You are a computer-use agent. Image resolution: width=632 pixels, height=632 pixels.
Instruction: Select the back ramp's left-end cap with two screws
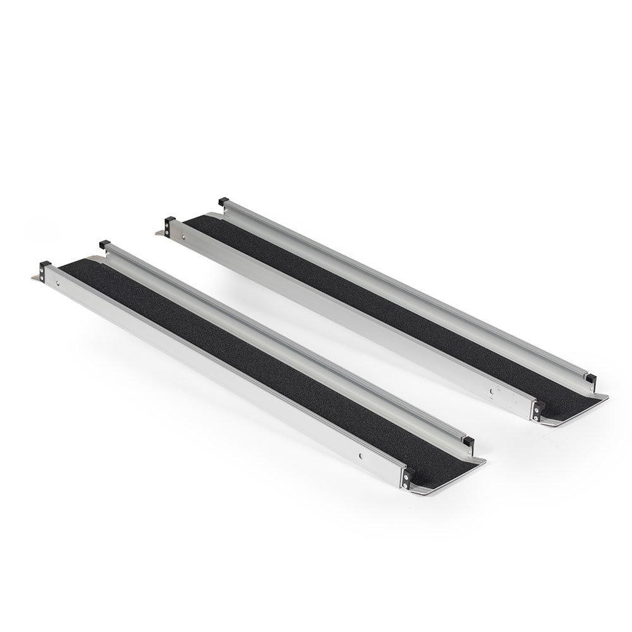pyautogui.click(x=169, y=224)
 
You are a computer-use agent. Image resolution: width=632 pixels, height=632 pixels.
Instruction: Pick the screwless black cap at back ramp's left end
pyautogui.click(x=223, y=202)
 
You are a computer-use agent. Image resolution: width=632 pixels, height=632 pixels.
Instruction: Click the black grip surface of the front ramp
pyautogui.click(x=253, y=354)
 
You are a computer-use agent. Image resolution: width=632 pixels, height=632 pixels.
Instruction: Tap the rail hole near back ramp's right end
pyautogui.click(x=490, y=391)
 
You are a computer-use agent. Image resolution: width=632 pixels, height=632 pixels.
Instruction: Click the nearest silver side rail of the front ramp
pyautogui.click(x=221, y=379)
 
